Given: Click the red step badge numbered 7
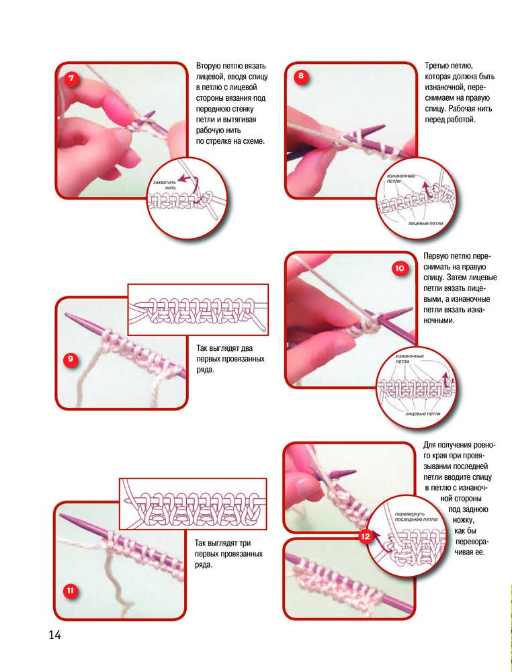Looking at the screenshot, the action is click(x=71, y=79).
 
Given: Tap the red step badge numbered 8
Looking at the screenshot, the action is click(x=301, y=77).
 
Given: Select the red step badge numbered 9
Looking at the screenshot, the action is click(x=71, y=359).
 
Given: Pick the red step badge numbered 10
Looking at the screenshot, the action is click(x=399, y=268).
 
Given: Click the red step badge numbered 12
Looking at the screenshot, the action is click(x=366, y=536).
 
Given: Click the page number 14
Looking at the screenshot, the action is click(x=55, y=635).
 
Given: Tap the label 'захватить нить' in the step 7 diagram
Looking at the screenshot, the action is click(x=165, y=185).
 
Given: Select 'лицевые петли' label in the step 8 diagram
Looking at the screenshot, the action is click(x=425, y=223).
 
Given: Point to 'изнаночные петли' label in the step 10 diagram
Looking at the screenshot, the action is click(x=410, y=359).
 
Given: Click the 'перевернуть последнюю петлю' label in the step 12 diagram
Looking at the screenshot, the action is click(x=416, y=516).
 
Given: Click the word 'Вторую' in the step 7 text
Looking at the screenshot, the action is click(x=208, y=66).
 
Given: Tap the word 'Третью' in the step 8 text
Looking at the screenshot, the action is click(x=437, y=66).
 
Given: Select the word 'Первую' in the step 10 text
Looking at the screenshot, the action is click(x=435, y=256).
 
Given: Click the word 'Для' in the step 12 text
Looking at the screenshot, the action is click(x=429, y=445).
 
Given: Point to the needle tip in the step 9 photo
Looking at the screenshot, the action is click(x=66, y=315).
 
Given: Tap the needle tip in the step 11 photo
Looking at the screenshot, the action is click(x=60, y=515).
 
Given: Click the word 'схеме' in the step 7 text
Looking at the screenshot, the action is click(x=253, y=141).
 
